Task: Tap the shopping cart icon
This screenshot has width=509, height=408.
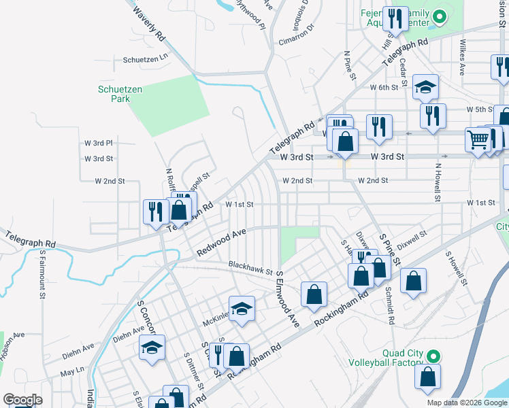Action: click(478, 140)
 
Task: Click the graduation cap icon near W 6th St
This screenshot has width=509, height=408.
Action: click(425, 86)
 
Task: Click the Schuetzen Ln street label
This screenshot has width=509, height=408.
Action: click(145, 60)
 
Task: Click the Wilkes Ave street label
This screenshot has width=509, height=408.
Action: click(463, 61)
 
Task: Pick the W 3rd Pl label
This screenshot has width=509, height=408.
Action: click(98, 143)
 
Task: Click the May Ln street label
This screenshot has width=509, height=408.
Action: click(71, 373)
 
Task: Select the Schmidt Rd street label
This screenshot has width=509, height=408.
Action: click(391, 306)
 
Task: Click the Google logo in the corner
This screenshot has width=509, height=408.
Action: click(22, 400)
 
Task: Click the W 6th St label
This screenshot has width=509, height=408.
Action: click(384, 88)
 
